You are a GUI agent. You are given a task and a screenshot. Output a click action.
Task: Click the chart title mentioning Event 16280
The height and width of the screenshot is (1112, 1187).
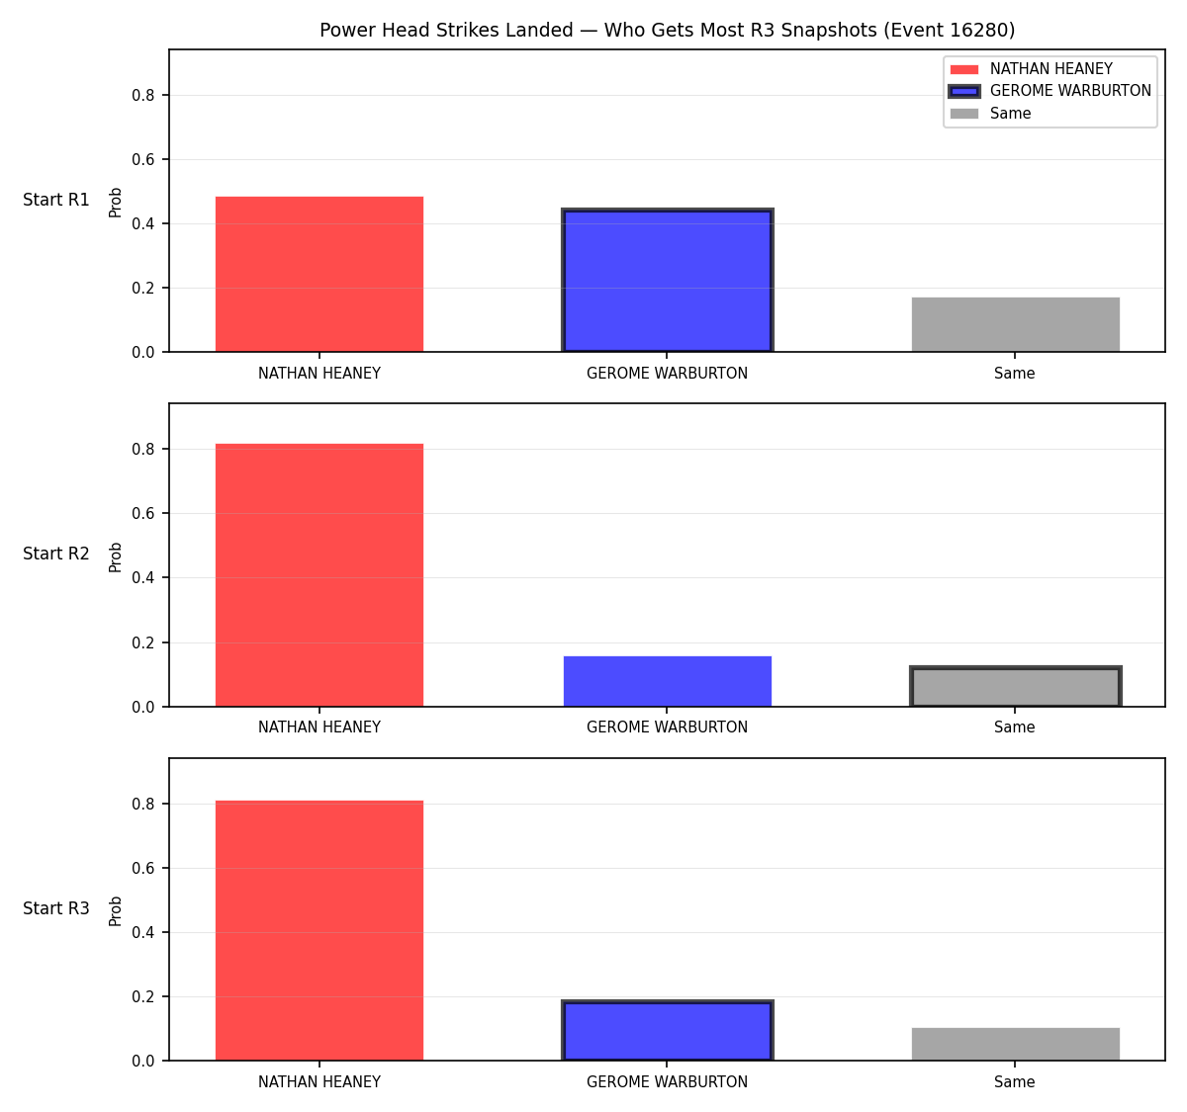[667, 30]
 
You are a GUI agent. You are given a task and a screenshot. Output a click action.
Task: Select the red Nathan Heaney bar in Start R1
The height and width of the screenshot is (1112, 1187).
[320, 274]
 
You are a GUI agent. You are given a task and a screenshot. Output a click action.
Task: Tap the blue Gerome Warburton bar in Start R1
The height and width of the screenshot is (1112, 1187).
[667, 280]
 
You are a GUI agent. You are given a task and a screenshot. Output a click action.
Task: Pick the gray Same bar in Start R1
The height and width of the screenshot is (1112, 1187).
[1015, 324]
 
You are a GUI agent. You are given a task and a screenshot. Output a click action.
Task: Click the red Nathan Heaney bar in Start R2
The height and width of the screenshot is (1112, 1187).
[320, 575]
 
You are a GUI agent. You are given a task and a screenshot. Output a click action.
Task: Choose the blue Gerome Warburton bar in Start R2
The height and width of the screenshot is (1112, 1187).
[667, 681]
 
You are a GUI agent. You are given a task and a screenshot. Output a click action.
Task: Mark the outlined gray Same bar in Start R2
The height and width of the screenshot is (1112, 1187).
[1015, 686]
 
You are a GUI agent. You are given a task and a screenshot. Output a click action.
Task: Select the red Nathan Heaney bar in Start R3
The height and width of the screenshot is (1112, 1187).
[320, 930]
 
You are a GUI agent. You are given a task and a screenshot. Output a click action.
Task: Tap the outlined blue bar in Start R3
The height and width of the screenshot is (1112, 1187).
[667, 1031]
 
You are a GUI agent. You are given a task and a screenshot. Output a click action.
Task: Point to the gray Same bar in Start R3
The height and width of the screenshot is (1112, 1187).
[1015, 1045]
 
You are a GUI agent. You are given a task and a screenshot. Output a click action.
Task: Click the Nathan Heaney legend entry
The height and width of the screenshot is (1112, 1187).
[1031, 69]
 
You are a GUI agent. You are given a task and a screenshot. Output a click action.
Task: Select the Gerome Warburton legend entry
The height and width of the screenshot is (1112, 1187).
[1050, 91]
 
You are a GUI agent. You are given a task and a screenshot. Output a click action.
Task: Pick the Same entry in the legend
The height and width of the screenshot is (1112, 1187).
[990, 113]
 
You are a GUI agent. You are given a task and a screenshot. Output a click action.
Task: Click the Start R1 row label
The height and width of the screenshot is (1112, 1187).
[55, 200]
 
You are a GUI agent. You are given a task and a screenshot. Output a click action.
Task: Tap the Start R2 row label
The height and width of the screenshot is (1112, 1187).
[55, 554]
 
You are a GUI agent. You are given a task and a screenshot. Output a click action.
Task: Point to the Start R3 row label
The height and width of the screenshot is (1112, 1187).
[55, 908]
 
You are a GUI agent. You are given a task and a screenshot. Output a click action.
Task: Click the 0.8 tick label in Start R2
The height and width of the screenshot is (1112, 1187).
[142, 450]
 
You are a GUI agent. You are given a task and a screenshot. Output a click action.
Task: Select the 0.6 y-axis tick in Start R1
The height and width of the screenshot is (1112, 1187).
[142, 159]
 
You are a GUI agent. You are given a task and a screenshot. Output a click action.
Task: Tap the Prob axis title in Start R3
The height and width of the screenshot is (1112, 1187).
[116, 911]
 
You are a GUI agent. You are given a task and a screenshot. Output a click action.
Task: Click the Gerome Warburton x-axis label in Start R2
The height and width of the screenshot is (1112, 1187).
[667, 727]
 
